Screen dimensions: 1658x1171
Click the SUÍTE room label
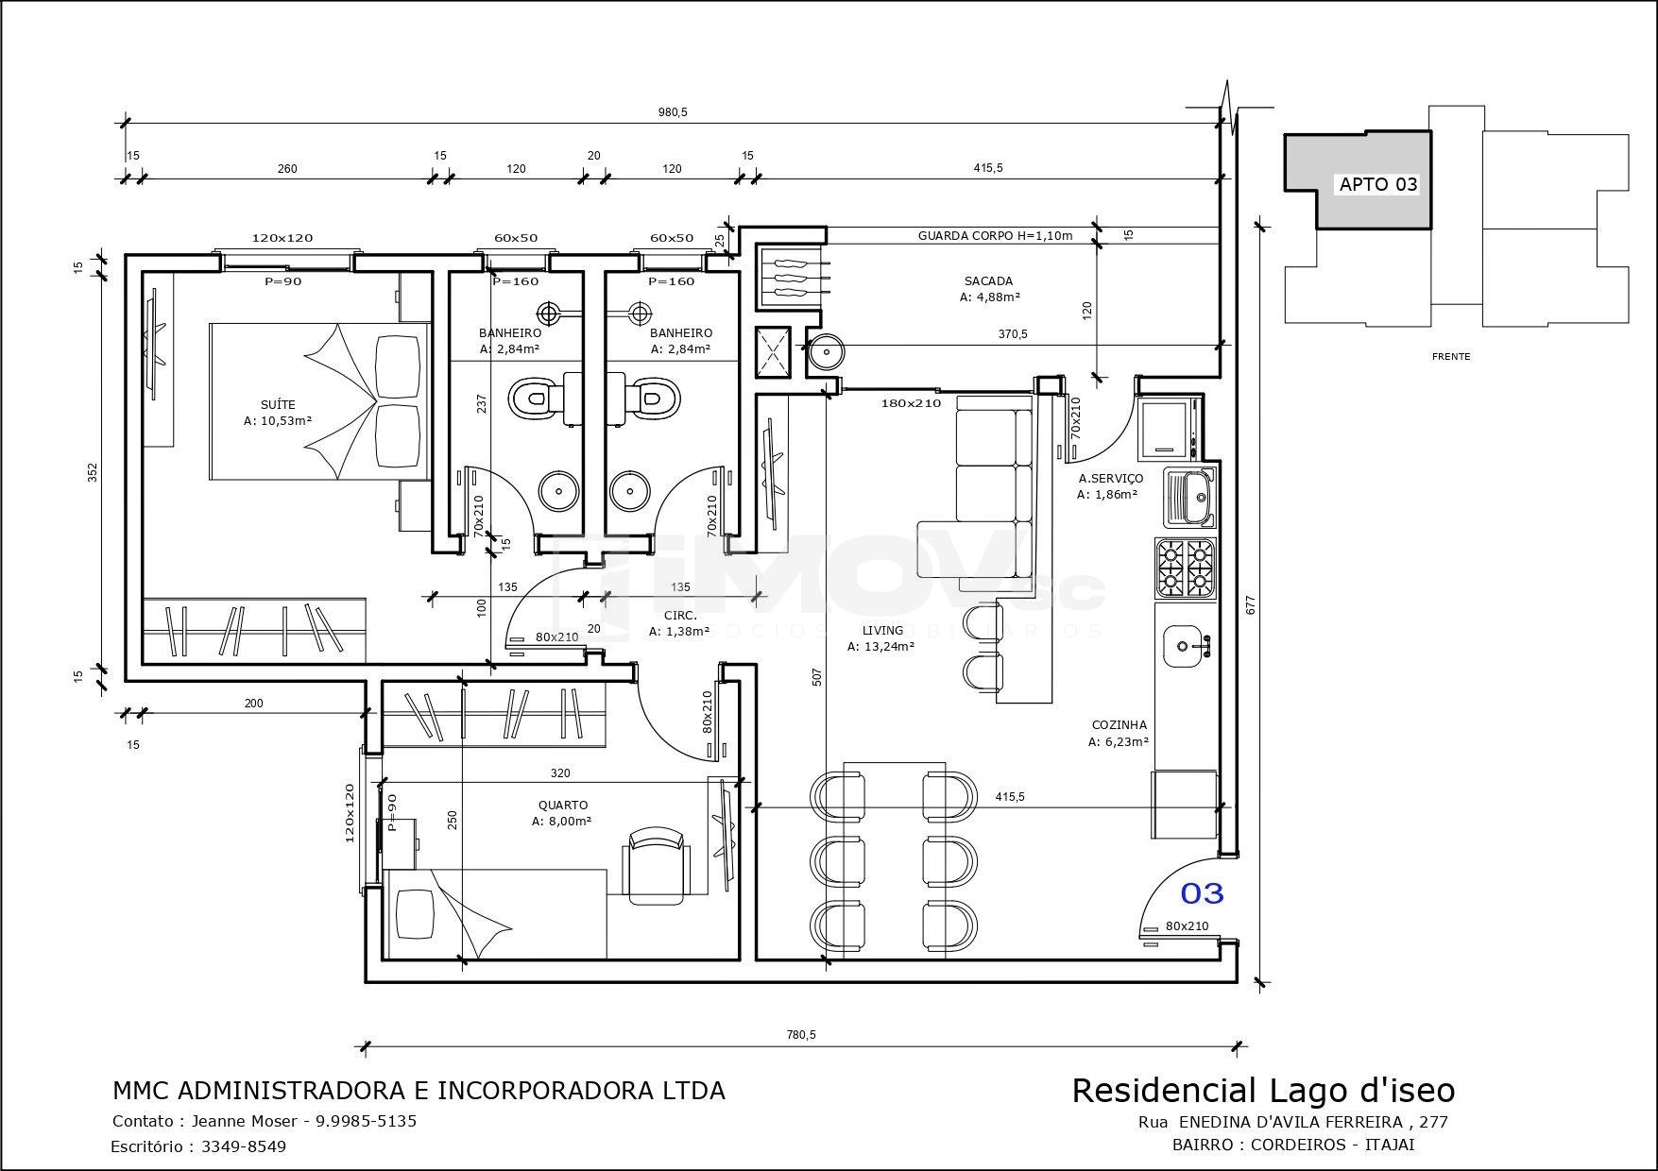pos(278,405)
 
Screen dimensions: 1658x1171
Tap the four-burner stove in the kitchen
pos(1186,568)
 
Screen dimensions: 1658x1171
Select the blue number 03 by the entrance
pos(1202,892)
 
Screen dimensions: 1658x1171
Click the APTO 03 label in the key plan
pos(1378,184)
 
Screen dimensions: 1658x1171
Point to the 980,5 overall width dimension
pos(673,112)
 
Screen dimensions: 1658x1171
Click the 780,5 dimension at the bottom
pos(800,1035)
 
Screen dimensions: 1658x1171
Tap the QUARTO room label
pos(563,806)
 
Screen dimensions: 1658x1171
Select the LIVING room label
pos(882,631)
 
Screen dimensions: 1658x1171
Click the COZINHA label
pos(1119,725)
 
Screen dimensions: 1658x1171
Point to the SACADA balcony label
pos(989,281)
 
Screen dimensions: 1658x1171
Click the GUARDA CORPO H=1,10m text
pos(996,236)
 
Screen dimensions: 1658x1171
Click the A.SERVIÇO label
pos(1111,479)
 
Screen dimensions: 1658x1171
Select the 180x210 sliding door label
pos(911,403)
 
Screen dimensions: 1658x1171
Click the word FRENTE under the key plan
pos(1451,357)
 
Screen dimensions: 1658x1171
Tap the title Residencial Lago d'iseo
pos(1263,1091)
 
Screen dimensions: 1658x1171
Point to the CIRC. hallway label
pos(679,616)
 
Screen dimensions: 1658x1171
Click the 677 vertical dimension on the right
pos(1251,604)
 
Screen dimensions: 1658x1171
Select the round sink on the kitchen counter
pos(1182,647)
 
